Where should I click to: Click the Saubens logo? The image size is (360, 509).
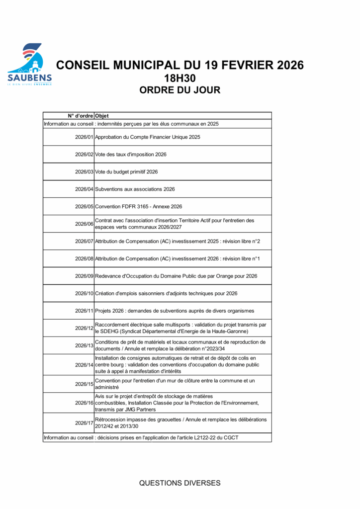[29, 65]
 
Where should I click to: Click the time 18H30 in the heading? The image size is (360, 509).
[180, 78]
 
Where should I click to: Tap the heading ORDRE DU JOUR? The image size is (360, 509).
[180, 90]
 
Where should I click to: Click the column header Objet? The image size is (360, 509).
[102, 116]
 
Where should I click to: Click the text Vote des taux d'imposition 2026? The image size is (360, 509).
[131, 155]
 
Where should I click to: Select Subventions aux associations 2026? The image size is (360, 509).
[135, 189]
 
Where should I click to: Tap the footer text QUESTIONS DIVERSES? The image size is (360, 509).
[180, 483]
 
